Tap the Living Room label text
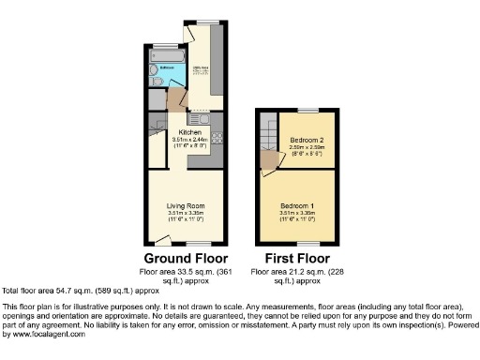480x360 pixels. [x=187, y=205]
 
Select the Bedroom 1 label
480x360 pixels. [x=297, y=205]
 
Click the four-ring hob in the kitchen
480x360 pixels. [x=217, y=139]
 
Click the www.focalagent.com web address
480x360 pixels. [x=45, y=335]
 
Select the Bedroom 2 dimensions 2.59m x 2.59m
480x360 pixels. [x=307, y=148]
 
